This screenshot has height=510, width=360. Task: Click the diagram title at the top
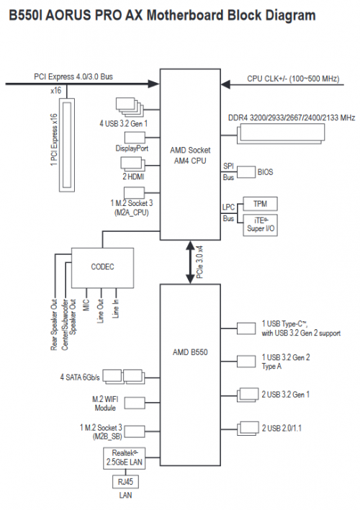161,15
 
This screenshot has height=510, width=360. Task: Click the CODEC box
103,267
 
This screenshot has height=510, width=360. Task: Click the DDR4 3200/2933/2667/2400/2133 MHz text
292,117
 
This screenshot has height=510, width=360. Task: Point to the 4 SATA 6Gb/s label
81,377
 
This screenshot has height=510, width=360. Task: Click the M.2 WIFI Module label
104,403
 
